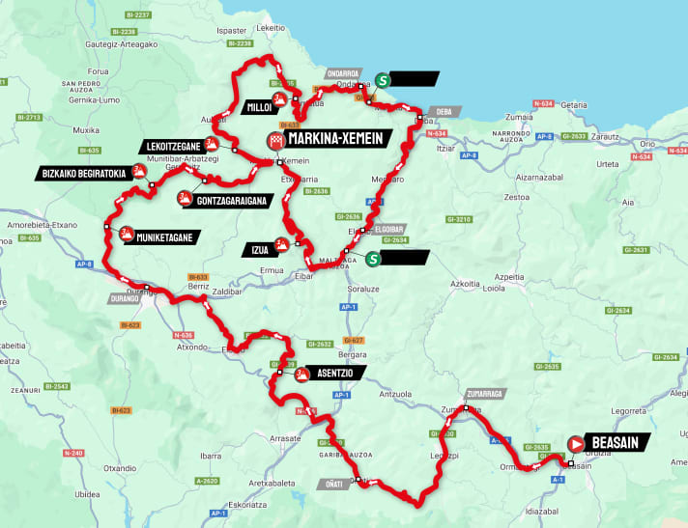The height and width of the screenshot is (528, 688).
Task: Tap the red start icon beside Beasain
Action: point(576,443)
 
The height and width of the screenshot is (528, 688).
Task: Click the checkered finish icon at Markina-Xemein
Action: point(277,140)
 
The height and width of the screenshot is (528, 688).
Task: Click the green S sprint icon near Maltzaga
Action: point(373,259)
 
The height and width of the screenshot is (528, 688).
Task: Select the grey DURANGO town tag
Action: point(127,299)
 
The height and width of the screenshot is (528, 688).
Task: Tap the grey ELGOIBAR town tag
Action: point(393,229)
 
